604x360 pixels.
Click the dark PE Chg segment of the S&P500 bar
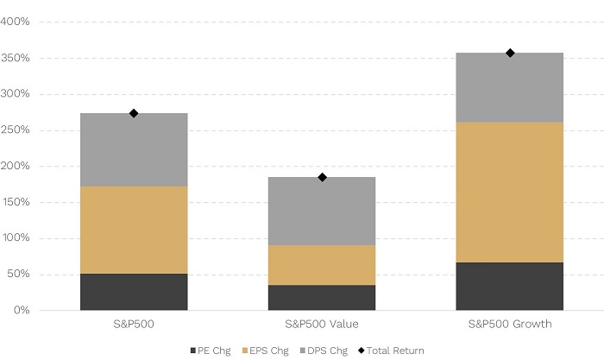pyautogui.click(x=134, y=292)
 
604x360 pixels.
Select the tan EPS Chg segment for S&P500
pyautogui.click(x=134, y=230)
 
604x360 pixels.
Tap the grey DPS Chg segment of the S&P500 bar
pyautogui.click(x=134, y=149)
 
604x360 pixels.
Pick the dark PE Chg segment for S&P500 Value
pyautogui.click(x=322, y=297)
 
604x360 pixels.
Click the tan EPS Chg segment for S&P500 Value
pyautogui.click(x=322, y=265)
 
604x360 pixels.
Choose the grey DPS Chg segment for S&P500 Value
pyautogui.click(x=322, y=211)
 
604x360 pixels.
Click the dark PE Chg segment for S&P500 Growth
pyautogui.click(x=510, y=286)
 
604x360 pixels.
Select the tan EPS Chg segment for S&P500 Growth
pyautogui.click(x=510, y=192)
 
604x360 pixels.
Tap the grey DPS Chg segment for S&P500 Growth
pyautogui.click(x=510, y=87)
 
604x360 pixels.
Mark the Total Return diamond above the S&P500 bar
pyautogui.click(x=134, y=113)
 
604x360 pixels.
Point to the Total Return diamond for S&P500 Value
pyautogui.click(x=322, y=177)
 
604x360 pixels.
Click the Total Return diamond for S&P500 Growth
pyautogui.click(x=510, y=53)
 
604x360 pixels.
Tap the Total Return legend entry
pyautogui.click(x=393, y=350)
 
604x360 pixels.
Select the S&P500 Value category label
pyautogui.click(x=322, y=324)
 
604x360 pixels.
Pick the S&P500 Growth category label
pyautogui.click(x=510, y=324)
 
